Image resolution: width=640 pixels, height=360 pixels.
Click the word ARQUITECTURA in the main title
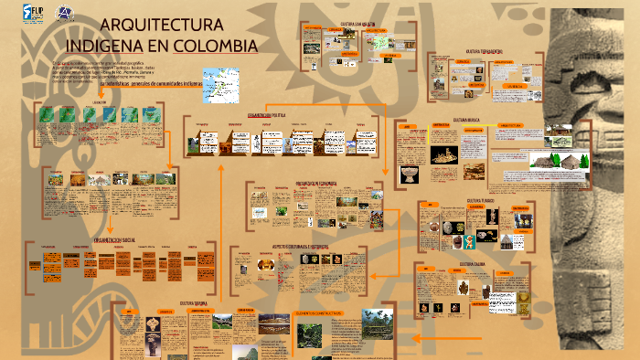[x=160, y=26]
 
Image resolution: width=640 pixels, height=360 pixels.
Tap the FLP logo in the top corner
[x=33, y=14]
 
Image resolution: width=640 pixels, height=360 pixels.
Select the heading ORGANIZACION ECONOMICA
[x=316, y=183]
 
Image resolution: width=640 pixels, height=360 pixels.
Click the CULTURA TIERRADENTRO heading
[x=486, y=51]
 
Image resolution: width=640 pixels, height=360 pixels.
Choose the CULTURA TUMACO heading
[x=481, y=199]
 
